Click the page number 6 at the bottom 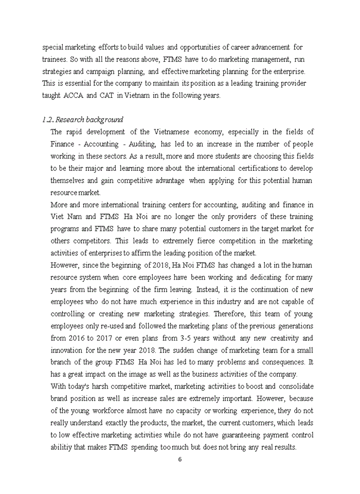pos(179,460)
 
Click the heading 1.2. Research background pos(82,120)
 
